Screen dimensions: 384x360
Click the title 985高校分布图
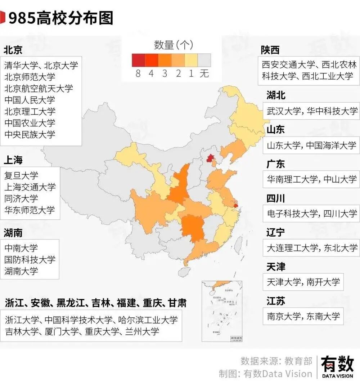(x=60, y=18)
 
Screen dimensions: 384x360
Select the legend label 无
(x=204, y=74)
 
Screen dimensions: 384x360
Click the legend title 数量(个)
(x=174, y=45)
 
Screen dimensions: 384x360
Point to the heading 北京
(x=13, y=50)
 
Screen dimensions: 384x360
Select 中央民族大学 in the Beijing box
(x=30, y=135)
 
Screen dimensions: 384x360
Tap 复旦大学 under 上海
(x=21, y=176)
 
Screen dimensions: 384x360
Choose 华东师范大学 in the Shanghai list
(x=30, y=210)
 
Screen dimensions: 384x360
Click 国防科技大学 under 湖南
(x=30, y=259)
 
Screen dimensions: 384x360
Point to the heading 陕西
(x=270, y=50)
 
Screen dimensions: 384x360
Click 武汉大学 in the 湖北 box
(x=284, y=111)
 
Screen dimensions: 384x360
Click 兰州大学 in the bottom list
(x=142, y=331)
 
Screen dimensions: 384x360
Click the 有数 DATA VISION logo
(x=337, y=367)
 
